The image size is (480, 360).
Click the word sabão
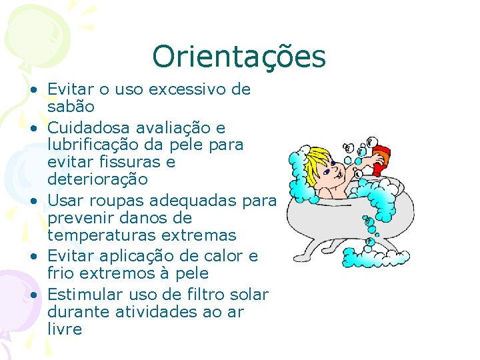[71, 107]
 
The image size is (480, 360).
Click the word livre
[65, 329]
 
